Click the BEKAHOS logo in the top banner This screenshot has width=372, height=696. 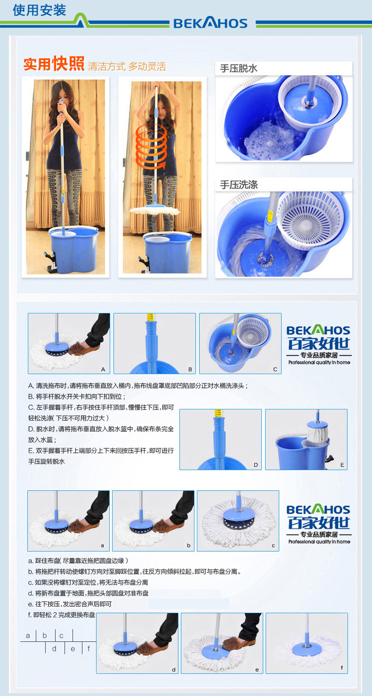[x=210, y=23]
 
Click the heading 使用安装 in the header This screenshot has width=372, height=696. [x=39, y=10]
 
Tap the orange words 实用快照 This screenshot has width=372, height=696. [x=54, y=64]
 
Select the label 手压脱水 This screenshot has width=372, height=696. [x=239, y=68]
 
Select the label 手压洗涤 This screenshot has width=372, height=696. [x=239, y=184]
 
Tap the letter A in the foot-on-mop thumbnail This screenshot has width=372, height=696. [x=103, y=369]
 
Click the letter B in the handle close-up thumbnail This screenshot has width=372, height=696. [x=190, y=369]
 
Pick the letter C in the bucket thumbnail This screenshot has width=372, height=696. [x=275, y=369]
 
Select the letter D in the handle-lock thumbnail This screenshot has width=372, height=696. [x=256, y=465]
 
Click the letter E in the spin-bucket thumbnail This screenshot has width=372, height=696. [x=342, y=465]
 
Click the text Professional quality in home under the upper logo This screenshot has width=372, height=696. [x=319, y=362]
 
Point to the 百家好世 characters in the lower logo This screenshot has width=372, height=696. [x=319, y=523]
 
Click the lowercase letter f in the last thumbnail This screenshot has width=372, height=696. [x=342, y=667]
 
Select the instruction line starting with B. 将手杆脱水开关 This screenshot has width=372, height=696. [x=76, y=397]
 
